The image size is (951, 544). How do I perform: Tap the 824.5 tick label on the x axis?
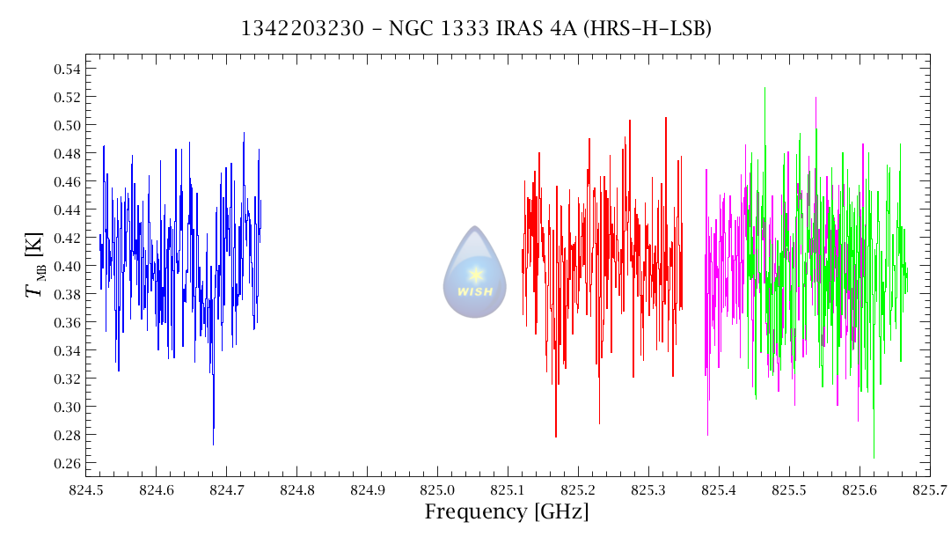[85, 489]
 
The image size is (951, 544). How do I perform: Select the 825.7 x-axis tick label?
[930, 489]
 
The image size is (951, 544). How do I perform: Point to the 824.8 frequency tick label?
[296, 489]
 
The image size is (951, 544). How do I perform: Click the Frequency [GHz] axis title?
[507, 512]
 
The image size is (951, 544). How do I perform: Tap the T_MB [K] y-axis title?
[37, 266]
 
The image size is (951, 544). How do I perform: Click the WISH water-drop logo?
[475, 273]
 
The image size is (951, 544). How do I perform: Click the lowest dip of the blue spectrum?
[213, 444]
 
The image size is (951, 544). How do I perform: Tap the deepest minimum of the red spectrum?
[555, 436]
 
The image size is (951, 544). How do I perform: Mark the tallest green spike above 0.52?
[764, 88]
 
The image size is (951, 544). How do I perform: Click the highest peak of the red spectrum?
[666, 117]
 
